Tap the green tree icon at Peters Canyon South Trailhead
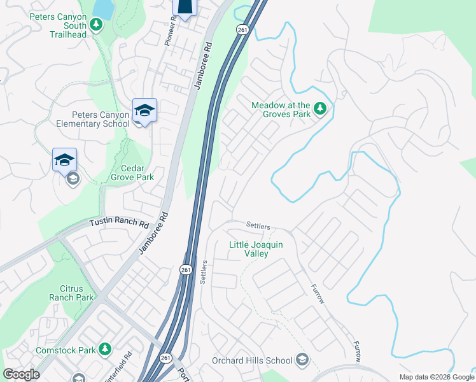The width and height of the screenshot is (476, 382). pyautogui.click(x=96, y=25)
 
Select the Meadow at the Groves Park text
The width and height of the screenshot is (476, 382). pyautogui.click(x=281, y=110)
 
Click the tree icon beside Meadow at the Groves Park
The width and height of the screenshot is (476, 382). pyautogui.click(x=320, y=110)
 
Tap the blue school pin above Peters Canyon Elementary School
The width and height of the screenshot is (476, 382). pyautogui.click(x=144, y=111)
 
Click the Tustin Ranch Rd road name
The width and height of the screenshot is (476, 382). pyautogui.click(x=118, y=223)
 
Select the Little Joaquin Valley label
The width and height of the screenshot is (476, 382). pyautogui.click(x=257, y=249)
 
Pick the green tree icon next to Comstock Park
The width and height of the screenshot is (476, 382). pyautogui.click(x=105, y=350)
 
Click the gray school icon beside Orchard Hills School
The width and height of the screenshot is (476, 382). pyautogui.click(x=302, y=360)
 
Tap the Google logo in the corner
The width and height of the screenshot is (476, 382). pyautogui.click(x=21, y=374)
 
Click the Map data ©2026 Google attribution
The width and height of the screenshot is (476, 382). pyautogui.click(x=436, y=377)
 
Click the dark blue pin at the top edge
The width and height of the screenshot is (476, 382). pyautogui.click(x=184, y=6)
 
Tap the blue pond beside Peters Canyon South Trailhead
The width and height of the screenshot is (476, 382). pyautogui.click(x=102, y=7)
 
